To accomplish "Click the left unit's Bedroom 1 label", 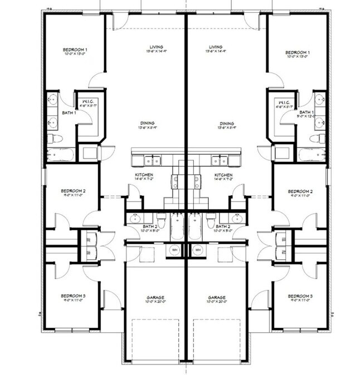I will (x=75, y=50).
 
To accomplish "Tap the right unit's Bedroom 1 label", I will (x=297, y=52).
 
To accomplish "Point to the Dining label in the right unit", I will (x=226, y=124).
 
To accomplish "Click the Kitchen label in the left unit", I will (x=144, y=175).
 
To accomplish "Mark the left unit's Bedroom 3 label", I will (x=73, y=296).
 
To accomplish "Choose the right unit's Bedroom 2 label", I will (x=300, y=191).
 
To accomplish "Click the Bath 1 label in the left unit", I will (x=69, y=112).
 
